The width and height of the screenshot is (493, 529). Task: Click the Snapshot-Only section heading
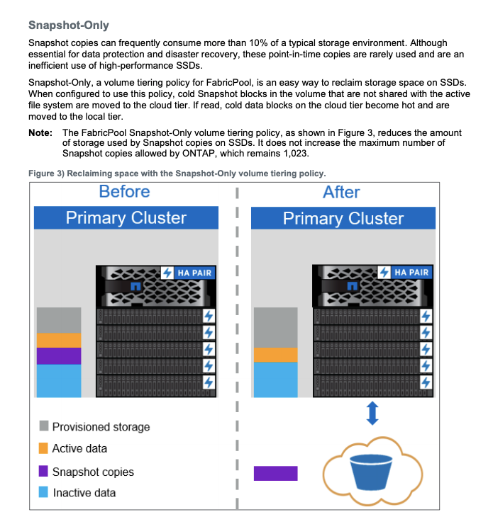point(69,25)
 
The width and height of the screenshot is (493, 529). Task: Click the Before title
point(124,192)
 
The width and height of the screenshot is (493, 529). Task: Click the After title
point(341,192)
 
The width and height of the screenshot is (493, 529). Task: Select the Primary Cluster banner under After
point(343,218)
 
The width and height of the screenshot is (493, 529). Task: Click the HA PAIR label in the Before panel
point(193,273)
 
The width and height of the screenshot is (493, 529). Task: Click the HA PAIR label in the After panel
point(411,273)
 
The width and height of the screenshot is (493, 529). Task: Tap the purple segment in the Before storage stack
point(59,355)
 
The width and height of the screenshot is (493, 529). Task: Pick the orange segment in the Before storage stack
point(59,340)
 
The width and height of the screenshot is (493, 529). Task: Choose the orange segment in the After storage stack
point(276,355)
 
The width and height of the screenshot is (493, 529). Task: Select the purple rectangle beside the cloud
point(276,473)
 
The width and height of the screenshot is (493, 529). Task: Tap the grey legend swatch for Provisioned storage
point(44,426)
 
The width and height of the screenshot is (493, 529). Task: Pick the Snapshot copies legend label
point(92,471)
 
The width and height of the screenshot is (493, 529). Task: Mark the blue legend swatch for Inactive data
point(44,492)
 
